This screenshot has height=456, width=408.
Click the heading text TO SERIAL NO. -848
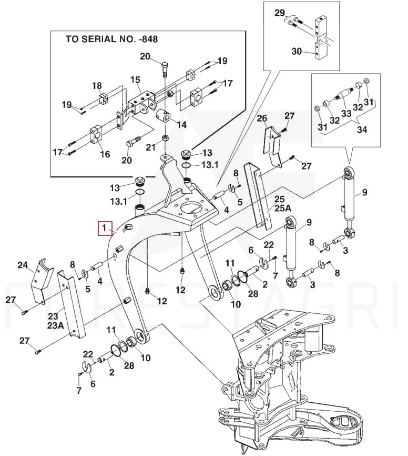(111, 39)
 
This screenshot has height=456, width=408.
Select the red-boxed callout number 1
(104, 229)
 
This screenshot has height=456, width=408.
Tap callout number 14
(181, 125)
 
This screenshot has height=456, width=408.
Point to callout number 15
(135, 80)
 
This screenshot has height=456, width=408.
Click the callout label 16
(105, 154)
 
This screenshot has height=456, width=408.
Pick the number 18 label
(96, 86)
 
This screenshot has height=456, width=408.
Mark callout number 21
(151, 147)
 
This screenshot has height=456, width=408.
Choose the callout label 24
(22, 265)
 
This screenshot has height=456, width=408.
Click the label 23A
(55, 326)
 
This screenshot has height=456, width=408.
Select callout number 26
(262, 118)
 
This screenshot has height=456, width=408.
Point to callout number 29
(279, 13)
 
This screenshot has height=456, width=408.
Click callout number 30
(297, 51)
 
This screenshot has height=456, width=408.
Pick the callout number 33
(346, 113)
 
